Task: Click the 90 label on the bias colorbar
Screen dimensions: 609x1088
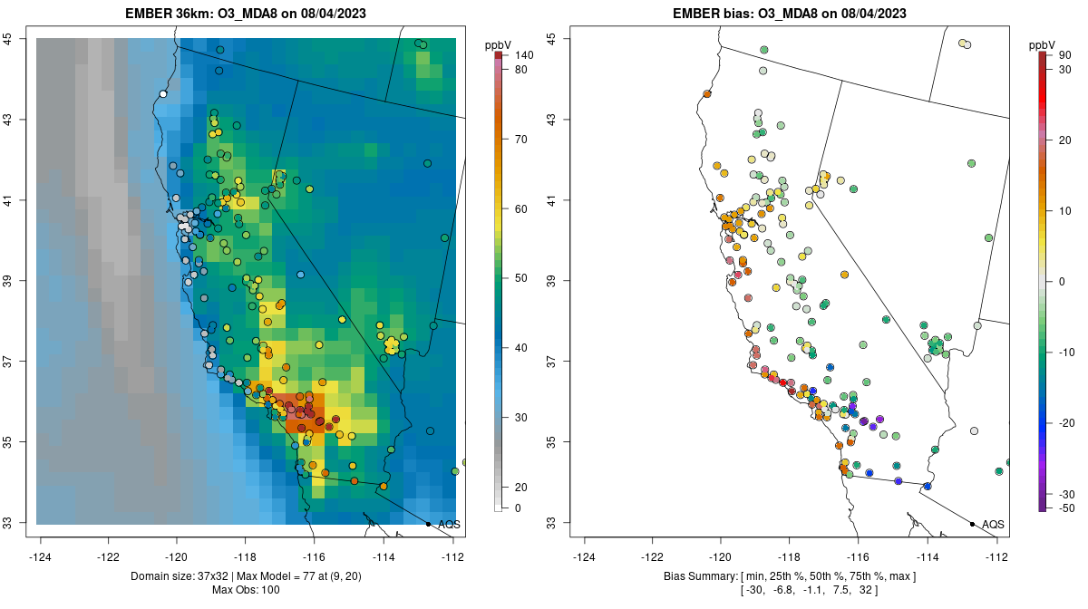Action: tap(1065, 55)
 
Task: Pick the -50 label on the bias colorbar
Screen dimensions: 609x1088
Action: tap(1066, 508)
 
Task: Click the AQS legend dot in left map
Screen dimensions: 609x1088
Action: tap(428, 524)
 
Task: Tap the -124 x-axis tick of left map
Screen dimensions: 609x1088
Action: tap(41, 557)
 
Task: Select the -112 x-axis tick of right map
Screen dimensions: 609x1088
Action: tap(997, 557)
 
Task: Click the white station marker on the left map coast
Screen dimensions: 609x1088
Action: tap(163, 93)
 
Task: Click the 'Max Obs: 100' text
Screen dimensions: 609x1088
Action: tap(248, 590)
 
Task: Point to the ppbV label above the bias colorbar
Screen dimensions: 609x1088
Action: tap(1043, 44)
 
